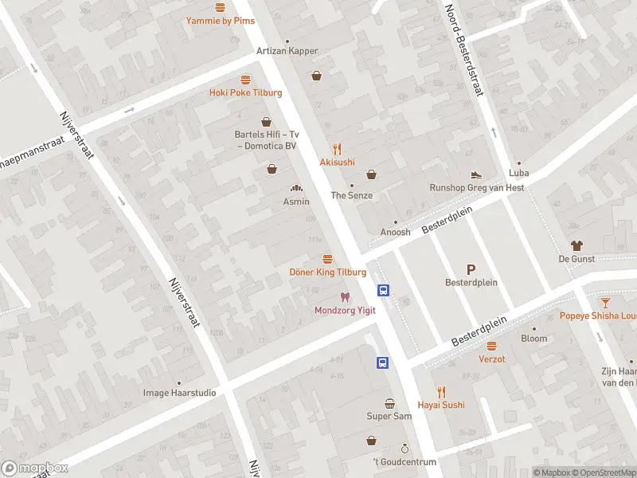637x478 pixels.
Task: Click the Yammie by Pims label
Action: pos(221,21)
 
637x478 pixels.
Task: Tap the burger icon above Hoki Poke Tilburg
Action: pos(246,80)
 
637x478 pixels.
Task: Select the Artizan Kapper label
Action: pos(287,51)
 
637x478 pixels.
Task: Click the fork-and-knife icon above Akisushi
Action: pos(337,148)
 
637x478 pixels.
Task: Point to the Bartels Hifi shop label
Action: pos(265,140)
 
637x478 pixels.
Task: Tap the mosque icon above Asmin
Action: pos(296,189)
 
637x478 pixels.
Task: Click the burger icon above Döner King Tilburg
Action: pos(327,259)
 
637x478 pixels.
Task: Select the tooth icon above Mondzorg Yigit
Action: pos(345,297)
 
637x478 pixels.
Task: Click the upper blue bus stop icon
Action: pos(383,291)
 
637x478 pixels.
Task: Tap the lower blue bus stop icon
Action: pos(383,362)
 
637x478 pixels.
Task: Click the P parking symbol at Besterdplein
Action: pos(471,269)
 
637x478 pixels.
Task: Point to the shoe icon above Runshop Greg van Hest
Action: pos(476,174)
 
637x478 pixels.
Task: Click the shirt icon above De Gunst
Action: pos(576,245)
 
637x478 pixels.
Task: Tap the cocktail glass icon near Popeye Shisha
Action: pos(605,302)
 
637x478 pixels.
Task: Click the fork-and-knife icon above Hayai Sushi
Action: pos(443,391)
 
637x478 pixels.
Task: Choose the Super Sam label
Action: pos(389,417)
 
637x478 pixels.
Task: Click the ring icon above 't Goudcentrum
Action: pos(404,449)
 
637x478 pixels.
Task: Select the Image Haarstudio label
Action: pos(179,393)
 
